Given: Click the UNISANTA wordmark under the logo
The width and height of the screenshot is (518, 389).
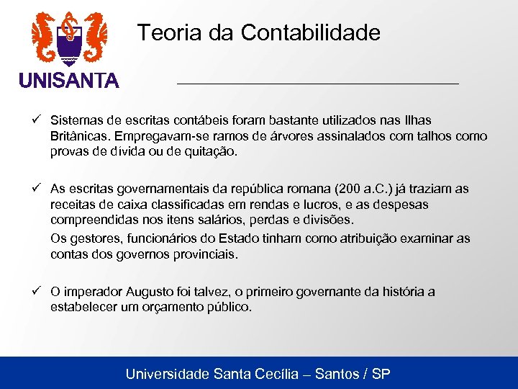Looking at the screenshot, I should coord(69,81).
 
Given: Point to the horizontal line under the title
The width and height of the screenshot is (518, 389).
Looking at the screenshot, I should coord(317,84).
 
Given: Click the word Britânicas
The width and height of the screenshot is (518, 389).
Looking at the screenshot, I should coord(81,136).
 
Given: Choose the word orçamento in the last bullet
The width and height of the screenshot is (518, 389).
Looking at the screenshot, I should coord(176,307).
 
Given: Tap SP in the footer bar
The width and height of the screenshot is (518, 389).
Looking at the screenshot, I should coord(381,374).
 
